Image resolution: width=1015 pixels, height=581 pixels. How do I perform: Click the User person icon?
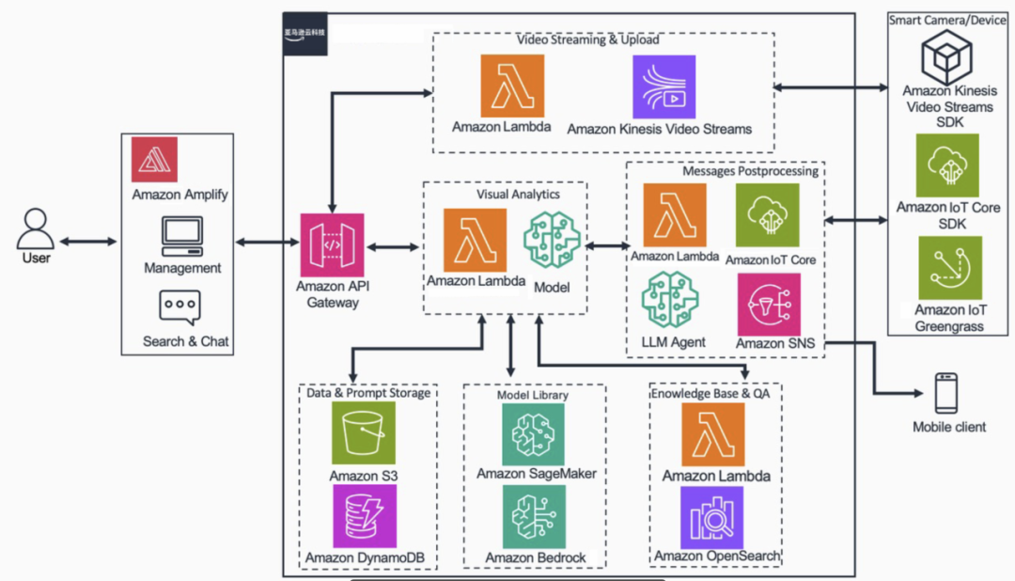click(x=36, y=228)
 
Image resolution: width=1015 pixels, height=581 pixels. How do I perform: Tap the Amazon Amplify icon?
click(x=155, y=160)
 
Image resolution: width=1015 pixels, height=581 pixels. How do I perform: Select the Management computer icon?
click(x=182, y=236)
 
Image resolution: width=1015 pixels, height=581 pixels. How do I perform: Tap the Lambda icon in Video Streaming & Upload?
click(x=512, y=86)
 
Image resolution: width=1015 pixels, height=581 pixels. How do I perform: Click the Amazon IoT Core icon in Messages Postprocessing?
click(x=768, y=215)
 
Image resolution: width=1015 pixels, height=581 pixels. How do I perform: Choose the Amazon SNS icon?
click(x=769, y=304)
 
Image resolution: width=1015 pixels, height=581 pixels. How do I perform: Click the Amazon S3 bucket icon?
click(x=363, y=433)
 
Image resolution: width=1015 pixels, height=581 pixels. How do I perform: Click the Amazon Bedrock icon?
click(x=534, y=516)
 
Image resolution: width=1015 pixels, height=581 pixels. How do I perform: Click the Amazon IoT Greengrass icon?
click(x=949, y=267)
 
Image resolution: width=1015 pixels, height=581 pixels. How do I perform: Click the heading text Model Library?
click(x=532, y=395)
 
